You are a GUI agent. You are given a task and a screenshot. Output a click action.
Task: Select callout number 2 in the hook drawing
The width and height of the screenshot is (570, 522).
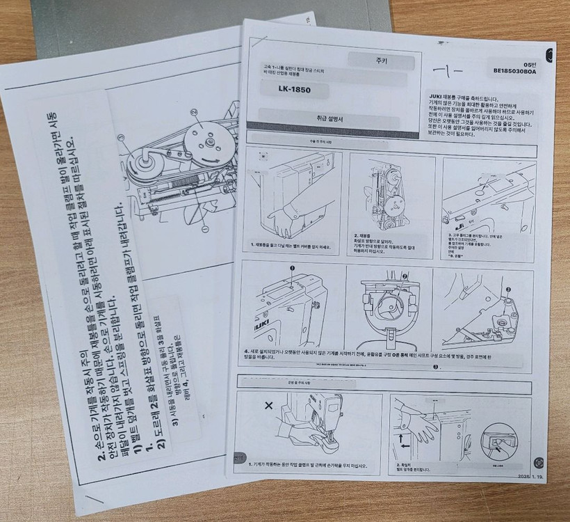point(403,277)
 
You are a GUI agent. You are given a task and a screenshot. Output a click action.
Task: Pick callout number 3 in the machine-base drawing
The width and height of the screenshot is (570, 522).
point(508,289)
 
